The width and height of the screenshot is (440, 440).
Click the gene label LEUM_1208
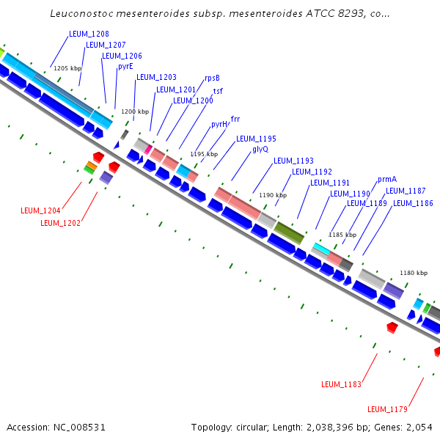click(89, 34)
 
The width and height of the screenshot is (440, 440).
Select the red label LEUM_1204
click(41, 210)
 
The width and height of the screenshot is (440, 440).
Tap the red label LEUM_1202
click(61, 223)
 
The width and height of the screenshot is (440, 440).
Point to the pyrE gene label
click(125, 66)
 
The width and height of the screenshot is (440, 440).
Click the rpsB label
click(212, 78)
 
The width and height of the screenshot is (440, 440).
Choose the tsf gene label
click(218, 91)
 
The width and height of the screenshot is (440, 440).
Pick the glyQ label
click(260, 149)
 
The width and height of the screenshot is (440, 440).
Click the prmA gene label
click(387, 179)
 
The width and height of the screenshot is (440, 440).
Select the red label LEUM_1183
click(342, 384)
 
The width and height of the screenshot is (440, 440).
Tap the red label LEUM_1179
click(387, 409)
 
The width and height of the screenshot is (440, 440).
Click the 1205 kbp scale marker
click(70, 68)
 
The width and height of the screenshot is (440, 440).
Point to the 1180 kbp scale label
click(414, 273)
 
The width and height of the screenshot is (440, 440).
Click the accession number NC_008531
click(56, 427)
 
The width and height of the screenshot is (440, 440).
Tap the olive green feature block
click(289, 232)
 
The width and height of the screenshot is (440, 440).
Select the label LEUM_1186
click(413, 203)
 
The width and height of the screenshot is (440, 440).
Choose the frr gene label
click(235, 118)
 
